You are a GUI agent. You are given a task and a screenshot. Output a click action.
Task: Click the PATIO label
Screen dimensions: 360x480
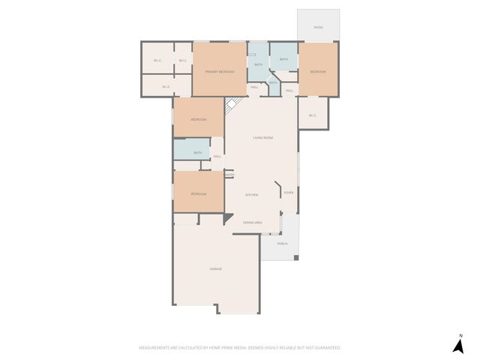point(318,27)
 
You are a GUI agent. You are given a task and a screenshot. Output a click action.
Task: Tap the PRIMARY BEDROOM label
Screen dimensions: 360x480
point(220,71)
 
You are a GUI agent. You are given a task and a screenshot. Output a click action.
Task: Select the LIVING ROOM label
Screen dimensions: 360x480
point(262,138)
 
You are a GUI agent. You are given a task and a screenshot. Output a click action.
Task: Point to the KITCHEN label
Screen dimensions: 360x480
point(252,194)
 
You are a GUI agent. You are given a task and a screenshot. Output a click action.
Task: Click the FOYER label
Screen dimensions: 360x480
point(288,193)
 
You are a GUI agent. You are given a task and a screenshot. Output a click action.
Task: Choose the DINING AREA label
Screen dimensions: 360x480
point(252,223)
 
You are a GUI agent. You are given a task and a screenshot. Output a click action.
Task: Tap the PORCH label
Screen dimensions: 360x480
point(282,244)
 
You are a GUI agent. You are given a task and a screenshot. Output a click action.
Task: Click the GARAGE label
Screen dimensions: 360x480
point(215,268)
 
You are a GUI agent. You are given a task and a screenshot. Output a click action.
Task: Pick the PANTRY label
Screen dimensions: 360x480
point(229,175)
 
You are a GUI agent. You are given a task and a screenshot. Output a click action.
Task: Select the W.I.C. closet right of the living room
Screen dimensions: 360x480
point(312,115)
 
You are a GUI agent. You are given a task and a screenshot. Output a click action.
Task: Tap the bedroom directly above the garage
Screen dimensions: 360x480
point(199,193)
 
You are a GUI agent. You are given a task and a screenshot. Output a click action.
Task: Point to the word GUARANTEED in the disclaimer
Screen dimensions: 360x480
point(326,348)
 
